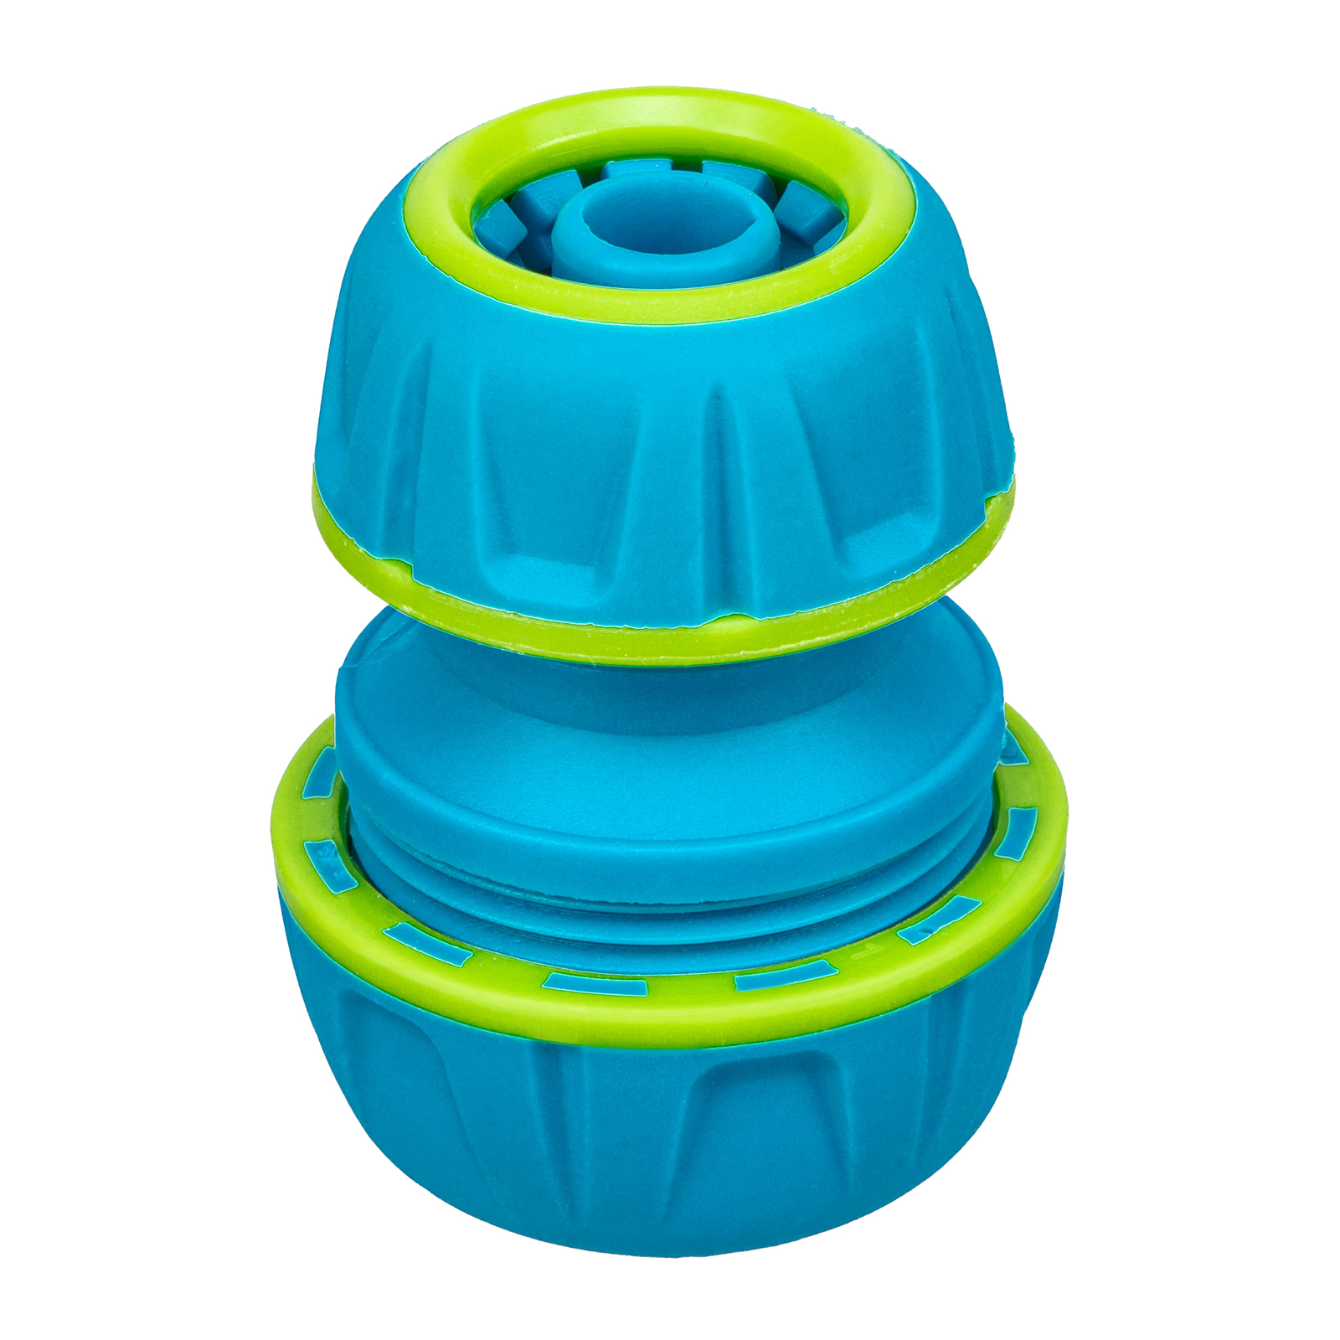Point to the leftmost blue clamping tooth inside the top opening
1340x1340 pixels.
coord(495,226)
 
